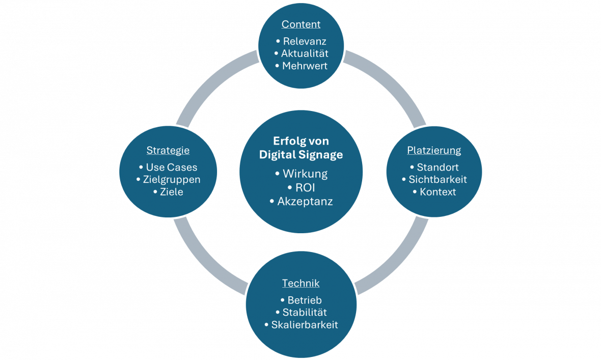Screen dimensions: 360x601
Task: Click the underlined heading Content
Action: (x=301, y=24)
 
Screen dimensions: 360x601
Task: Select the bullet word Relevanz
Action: (x=305, y=41)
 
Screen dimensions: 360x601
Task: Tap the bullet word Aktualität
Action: (x=305, y=53)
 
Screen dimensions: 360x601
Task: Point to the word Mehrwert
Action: (x=305, y=66)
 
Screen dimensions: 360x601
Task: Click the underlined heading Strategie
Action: (x=168, y=150)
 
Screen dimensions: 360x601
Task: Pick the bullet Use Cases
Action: (x=171, y=167)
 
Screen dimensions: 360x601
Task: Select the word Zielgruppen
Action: (x=171, y=180)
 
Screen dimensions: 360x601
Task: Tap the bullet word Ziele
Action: (x=171, y=192)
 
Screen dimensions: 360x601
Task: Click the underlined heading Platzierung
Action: (x=434, y=150)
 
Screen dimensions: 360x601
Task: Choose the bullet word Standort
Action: (x=438, y=167)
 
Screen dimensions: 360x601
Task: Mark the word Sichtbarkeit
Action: (x=438, y=179)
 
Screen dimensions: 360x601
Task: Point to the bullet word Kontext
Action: (x=438, y=192)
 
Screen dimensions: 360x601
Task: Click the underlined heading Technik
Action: (x=301, y=283)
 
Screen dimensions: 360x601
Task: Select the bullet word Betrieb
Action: (x=305, y=300)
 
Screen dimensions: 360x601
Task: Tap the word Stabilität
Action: (x=305, y=312)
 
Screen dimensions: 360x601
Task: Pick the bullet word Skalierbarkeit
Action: (x=305, y=325)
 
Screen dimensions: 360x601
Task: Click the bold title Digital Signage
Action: (x=301, y=154)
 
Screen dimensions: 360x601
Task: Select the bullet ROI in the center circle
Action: (x=305, y=187)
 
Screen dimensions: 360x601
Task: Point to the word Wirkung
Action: (x=305, y=174)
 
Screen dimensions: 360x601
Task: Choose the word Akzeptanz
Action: (x=305, y=201)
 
